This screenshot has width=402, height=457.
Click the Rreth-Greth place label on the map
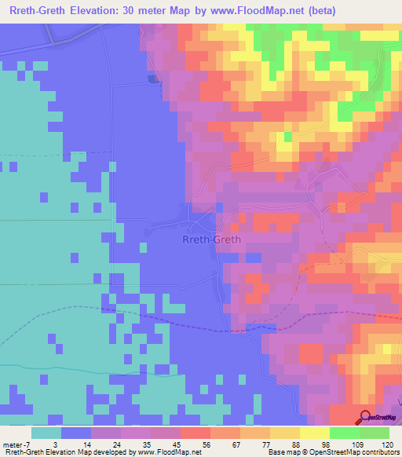(x=211, y=239)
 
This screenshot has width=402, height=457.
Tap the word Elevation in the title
(x=99, y=10)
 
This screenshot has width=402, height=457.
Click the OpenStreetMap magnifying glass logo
(x=366, y=418)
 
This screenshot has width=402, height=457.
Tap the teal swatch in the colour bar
(x=46, y=433)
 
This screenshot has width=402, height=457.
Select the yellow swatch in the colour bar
(x=313, y=433)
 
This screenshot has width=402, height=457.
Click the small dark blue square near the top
(x=152, y=78)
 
